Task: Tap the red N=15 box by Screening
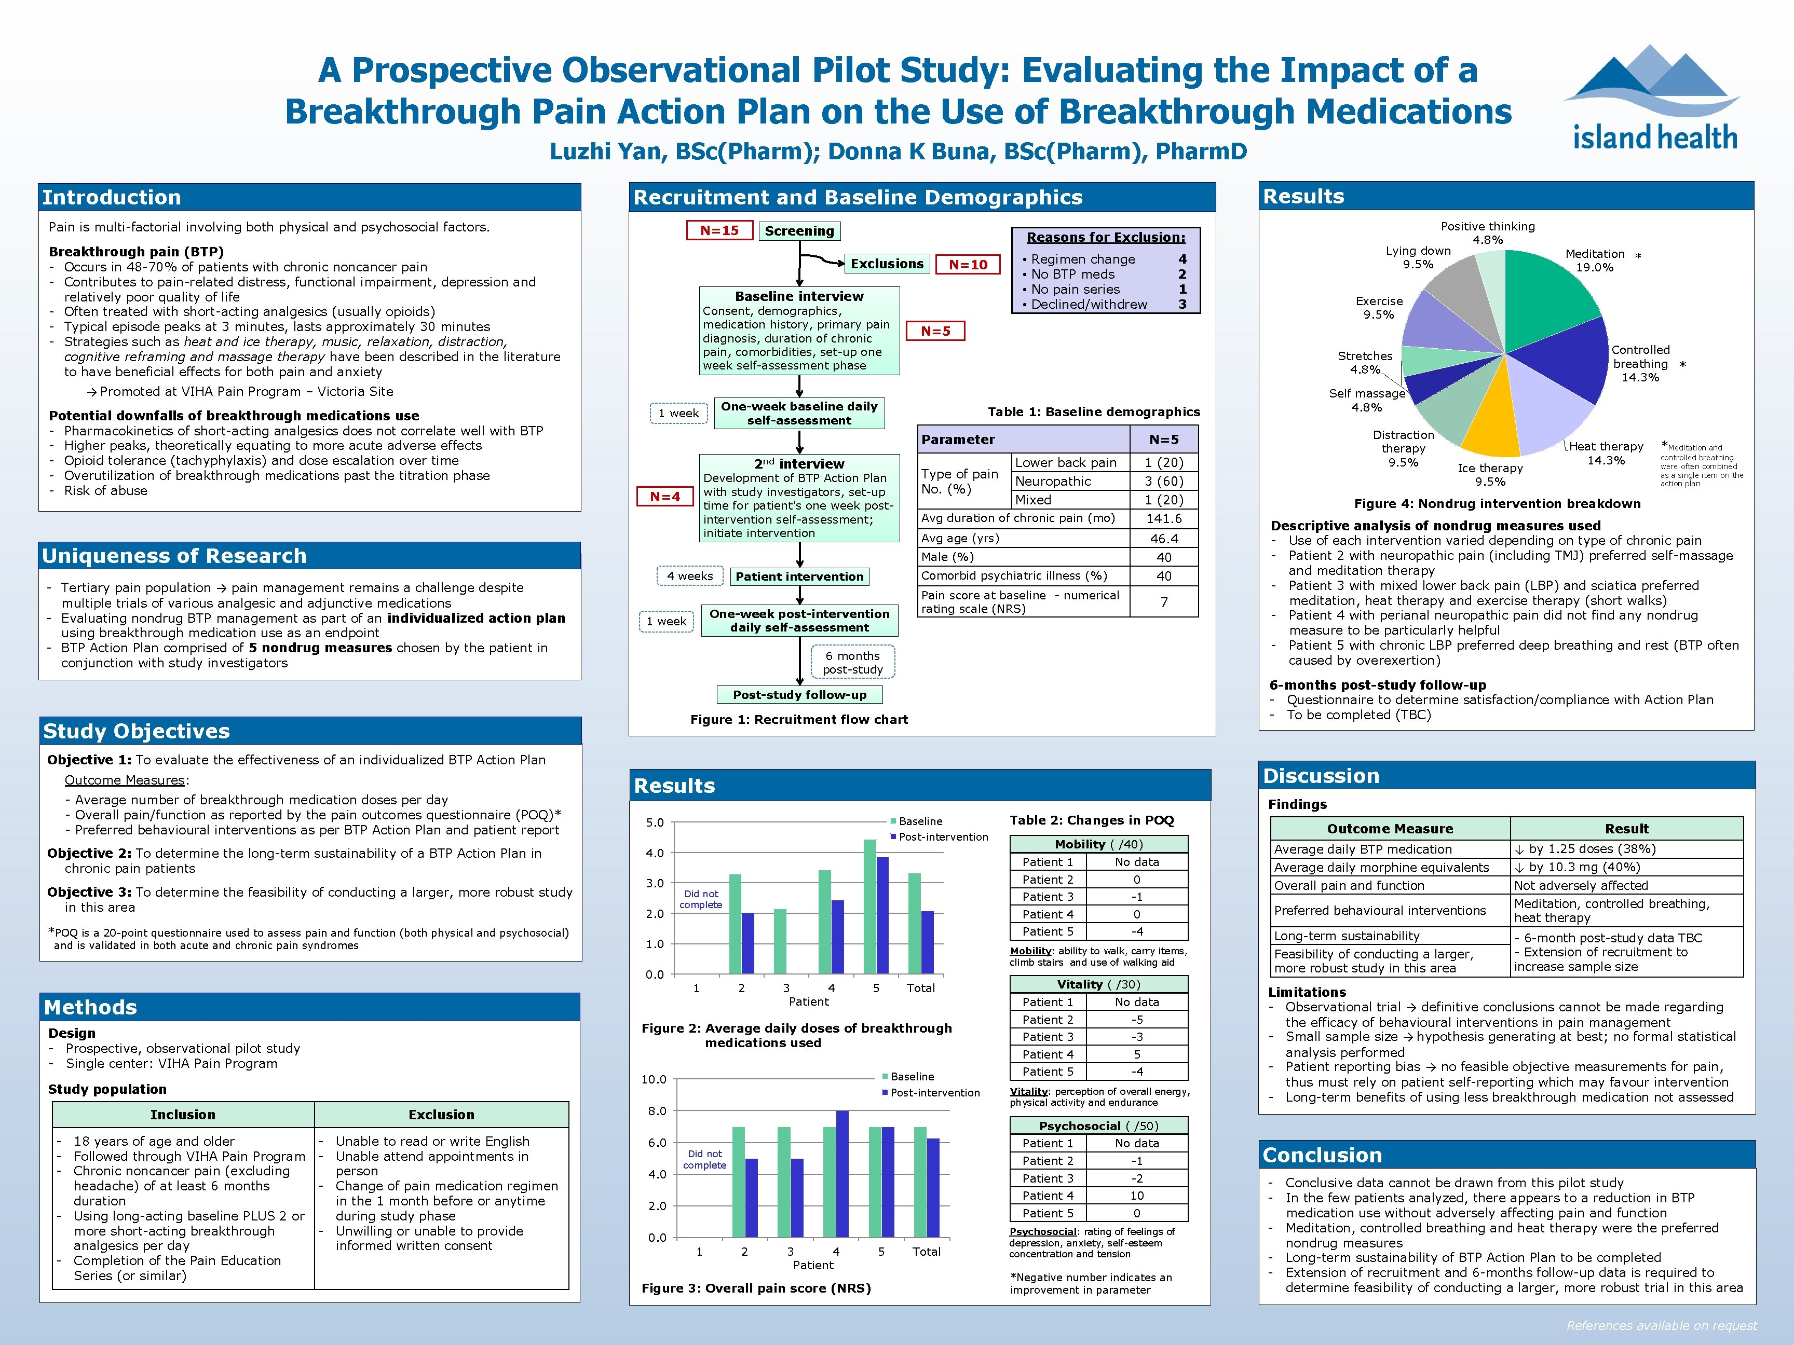(719, 230)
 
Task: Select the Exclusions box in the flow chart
(887, 264)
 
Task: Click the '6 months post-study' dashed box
(852, 662)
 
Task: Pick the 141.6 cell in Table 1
(1164, 518)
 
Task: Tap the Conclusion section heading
(1322, 1155)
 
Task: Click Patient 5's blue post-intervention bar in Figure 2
(882, 914)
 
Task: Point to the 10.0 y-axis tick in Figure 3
(654, 1079)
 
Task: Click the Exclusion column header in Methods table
(441, 1115)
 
